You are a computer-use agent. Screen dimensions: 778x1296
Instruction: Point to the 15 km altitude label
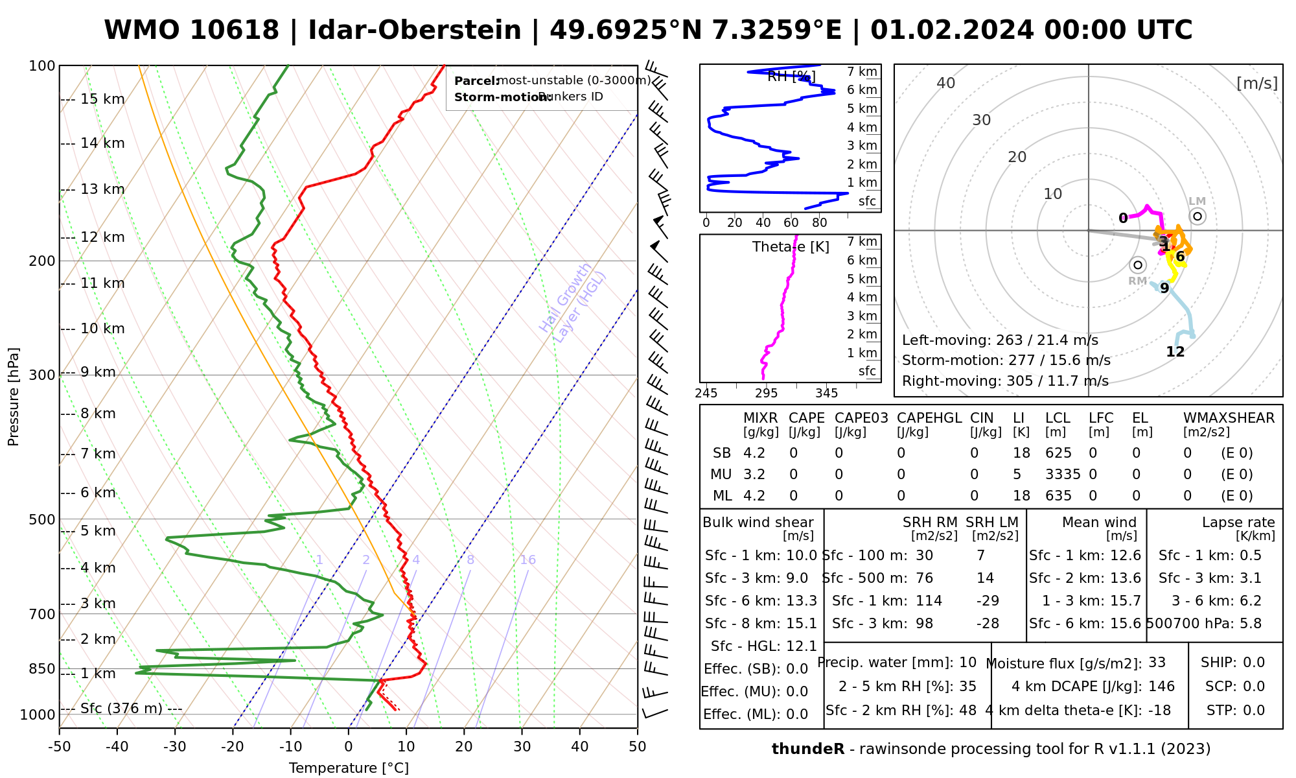[x=102, y=99]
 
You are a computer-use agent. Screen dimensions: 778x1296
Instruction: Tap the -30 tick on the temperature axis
[x=175, y=747]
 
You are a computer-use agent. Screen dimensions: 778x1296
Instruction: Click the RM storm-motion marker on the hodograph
[x=1137, y=265]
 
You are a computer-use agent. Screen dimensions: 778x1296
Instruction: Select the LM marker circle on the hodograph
[x=1198, y=216]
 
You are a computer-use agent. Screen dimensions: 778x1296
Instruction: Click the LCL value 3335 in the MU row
[x=1063, y=475]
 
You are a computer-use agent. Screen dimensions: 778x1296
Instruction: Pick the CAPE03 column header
[x=861, y=418]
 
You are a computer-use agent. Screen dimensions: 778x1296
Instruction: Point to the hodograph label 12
[x=1175, y=352]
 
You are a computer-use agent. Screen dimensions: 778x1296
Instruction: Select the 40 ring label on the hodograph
[x=946, y=83]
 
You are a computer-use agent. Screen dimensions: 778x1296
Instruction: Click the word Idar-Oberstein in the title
[x=415, y=30]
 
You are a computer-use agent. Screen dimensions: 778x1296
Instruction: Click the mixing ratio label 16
[x=527, y=560]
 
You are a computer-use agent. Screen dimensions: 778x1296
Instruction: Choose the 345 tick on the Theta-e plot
[x=826, y=394]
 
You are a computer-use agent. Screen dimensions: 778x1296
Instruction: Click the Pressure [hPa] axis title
[x=14, y=397]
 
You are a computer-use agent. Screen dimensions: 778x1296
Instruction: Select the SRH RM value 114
[x=929, y=601]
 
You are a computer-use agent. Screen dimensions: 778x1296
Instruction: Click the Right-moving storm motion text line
[x=1005, y=381]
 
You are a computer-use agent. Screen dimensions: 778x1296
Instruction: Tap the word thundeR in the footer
[x=807, y=749]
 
